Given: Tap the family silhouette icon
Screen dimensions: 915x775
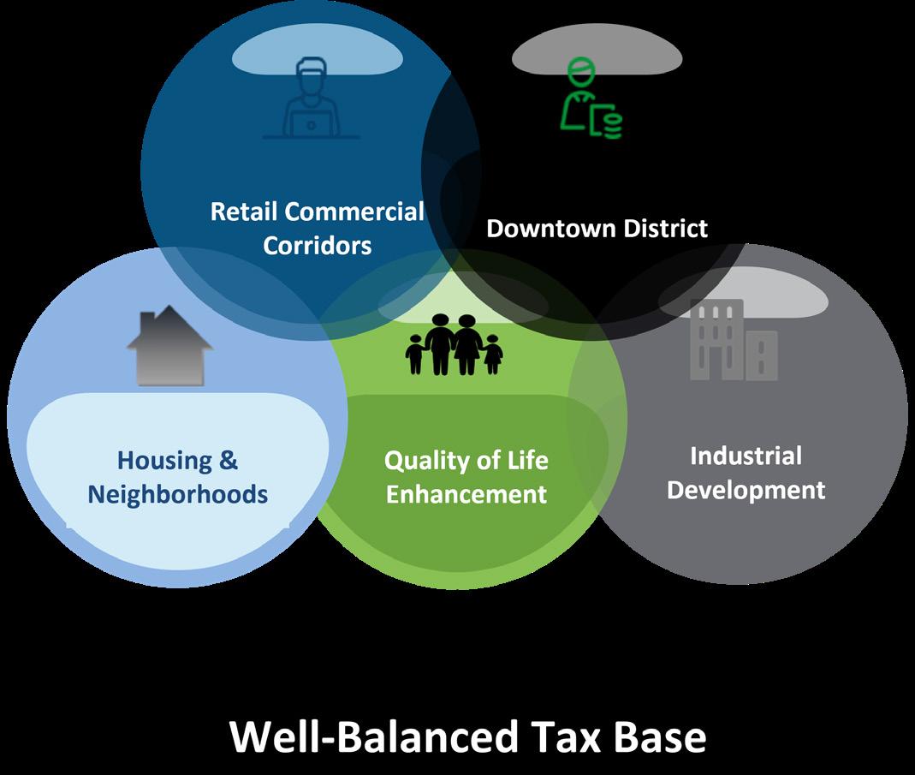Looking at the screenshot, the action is point(454,344).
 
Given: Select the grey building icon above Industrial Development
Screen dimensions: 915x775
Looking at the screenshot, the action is point(734,340).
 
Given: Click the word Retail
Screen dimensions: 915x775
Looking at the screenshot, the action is point(244,212).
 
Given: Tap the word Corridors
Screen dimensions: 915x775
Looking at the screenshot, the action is point(318,246).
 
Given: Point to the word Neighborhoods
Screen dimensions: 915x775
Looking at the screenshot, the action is point(178,494).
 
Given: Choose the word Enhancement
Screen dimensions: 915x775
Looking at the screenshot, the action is point(466,494).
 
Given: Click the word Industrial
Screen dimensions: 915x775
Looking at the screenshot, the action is point(746,456).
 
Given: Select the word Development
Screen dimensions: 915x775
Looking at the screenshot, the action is point(746,490).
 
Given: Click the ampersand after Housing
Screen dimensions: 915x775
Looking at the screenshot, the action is point(228,461).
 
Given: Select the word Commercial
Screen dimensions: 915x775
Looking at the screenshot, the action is point(354,212).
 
